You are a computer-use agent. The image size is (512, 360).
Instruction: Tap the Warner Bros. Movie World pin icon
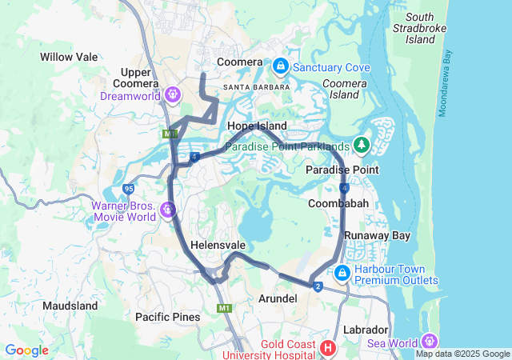(168, 210)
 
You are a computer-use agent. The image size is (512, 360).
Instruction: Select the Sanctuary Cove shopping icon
(281, 66)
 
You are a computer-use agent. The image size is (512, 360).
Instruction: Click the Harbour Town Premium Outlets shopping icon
(342, 274)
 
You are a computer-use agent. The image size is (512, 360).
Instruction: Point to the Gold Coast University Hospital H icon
(327, 348)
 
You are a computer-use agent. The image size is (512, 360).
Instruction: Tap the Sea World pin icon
(432, 341)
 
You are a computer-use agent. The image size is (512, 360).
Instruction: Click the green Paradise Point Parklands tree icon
(362, 145)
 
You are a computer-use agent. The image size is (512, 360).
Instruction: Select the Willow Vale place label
(69, 58)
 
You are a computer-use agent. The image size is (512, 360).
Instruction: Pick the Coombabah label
(338, 205)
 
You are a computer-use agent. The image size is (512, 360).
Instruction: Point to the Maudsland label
(70, 306)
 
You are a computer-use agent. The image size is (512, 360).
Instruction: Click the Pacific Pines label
(167, 318)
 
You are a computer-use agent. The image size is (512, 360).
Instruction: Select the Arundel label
(278, 298)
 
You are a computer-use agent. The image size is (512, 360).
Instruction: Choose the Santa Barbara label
(253, 86)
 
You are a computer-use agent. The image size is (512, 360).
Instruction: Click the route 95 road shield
(129, 189)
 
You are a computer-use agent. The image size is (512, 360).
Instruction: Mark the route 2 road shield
(318, 287)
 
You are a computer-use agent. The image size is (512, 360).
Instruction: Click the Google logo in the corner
(27, 350)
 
